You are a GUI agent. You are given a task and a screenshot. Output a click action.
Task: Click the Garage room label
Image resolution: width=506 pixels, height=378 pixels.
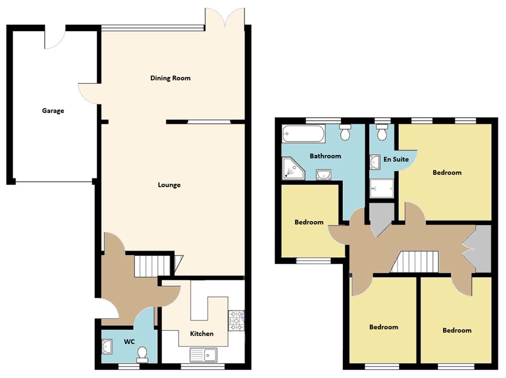pos(53,111)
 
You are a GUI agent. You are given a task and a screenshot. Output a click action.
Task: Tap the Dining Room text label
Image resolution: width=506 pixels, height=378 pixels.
pos(170,78)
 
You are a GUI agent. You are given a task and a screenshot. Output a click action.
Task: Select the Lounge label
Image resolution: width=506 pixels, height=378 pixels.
pos(169,185)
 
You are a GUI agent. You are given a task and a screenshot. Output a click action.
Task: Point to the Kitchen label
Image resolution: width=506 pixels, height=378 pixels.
pos(202,334)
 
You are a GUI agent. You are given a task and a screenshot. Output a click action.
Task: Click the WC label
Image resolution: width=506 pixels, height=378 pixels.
pos(129,342)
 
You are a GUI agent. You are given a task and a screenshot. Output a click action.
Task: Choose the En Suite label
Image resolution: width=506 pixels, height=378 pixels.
pos(396,159)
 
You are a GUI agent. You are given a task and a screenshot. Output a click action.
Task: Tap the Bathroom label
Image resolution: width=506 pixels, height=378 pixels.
pos(325,156)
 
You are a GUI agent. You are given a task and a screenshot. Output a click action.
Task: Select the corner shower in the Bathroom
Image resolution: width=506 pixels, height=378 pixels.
pos(291,168)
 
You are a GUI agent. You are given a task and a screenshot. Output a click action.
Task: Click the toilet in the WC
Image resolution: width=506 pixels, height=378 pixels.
pos(142,354)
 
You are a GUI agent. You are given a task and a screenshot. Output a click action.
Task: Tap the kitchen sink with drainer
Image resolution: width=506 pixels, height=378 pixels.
pos(203,355)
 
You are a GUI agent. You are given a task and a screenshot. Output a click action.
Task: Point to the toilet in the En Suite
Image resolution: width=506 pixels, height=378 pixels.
pos(382,133)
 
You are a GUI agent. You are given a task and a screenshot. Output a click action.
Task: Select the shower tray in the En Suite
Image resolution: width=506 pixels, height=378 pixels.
pos(382,188)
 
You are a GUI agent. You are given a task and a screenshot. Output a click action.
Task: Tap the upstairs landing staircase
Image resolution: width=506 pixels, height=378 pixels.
pos(415,262)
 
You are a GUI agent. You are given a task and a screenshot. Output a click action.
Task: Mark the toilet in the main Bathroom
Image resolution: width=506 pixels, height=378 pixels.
pos(345,132)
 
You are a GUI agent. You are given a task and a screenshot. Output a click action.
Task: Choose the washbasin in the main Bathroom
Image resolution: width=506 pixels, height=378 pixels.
pos(323,174)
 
